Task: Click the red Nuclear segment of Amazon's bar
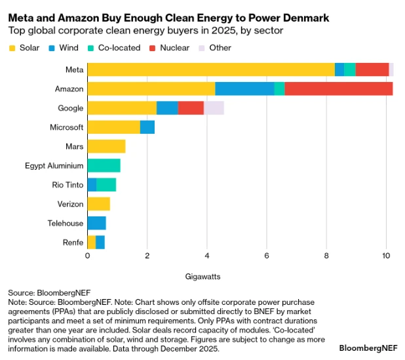pos(338,89)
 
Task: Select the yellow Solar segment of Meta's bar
pos(210,70)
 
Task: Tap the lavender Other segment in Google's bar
pos(214,108)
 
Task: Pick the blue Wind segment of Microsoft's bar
pos(147,127)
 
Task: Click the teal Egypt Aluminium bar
pos(104,165)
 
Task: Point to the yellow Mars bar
pos(106,146)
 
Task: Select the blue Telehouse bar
pos(96,223)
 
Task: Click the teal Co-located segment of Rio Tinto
pos(106,185)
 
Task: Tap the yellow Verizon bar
pos(98,204)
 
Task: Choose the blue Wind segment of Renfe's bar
pos(100,243)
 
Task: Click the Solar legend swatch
pos(12,48)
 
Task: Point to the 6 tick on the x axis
pos(267,256)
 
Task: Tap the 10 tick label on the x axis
pos(386,256)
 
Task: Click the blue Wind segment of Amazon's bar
pos(244,89)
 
